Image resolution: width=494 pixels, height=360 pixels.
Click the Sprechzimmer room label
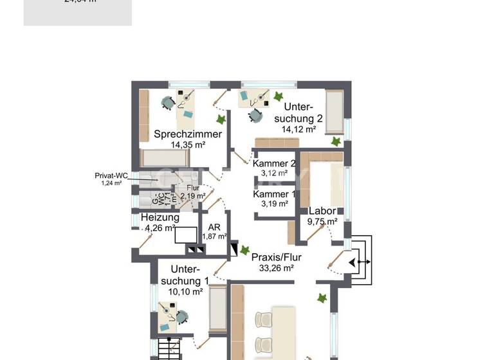click(188, 134)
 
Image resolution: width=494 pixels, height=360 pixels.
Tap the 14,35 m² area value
click(188, 145)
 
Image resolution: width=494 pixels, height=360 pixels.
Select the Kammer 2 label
click(274, 163)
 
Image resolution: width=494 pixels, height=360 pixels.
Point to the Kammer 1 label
click(274, 194)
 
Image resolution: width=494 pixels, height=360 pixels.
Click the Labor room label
click(322, 211)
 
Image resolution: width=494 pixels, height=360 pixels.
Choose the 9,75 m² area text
click(322, 221)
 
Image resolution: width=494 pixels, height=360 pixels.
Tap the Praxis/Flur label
click(277, 257)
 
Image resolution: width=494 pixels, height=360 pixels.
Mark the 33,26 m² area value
click(277, 268)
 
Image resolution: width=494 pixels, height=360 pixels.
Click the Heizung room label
click(160, 217)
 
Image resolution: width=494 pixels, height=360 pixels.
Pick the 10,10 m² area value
click(186, 291)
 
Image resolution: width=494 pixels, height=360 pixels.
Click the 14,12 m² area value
click(298, 129)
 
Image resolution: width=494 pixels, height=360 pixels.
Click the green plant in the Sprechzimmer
click(221, 120)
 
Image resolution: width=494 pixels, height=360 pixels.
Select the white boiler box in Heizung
click(187, 235)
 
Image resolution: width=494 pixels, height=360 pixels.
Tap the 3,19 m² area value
click(274, 204)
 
